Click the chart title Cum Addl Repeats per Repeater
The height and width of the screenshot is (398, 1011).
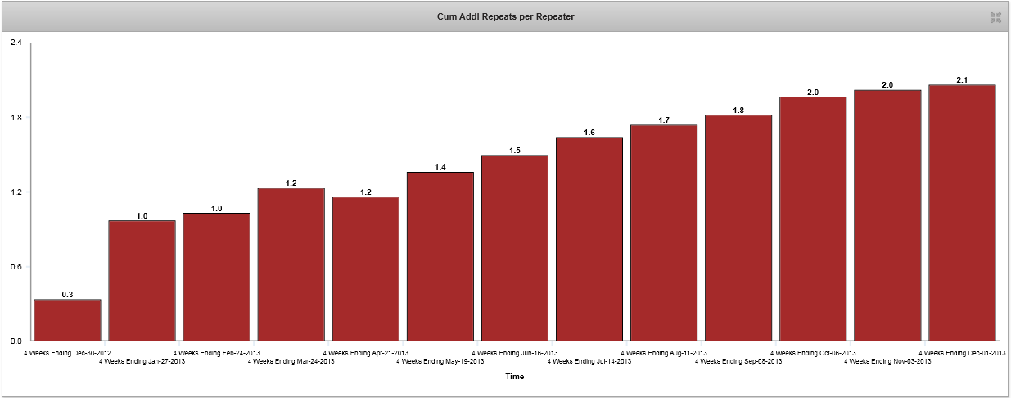point(505,16)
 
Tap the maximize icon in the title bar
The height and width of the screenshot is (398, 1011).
point(995,17)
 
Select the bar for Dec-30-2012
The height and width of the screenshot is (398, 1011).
point(67,320)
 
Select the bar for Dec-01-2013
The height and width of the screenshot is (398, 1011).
point(962,213)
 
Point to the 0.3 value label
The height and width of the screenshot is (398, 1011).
point(67,294)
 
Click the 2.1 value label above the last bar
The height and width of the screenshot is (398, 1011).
point(962,79)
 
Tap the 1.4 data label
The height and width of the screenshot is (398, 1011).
point(440,167)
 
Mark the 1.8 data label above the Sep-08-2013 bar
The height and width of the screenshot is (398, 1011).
point(738,110)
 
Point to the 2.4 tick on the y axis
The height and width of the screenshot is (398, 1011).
point(16,43)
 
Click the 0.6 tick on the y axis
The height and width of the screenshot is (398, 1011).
point(16,266)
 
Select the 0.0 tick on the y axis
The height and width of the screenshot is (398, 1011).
point(16,341)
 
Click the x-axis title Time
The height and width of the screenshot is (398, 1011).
point(514,377)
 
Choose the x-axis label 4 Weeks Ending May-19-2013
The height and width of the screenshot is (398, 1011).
point(440,361)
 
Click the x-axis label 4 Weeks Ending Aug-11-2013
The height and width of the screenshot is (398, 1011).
point(664,353)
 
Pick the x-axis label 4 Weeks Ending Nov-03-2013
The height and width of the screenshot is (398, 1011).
point(887,361)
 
